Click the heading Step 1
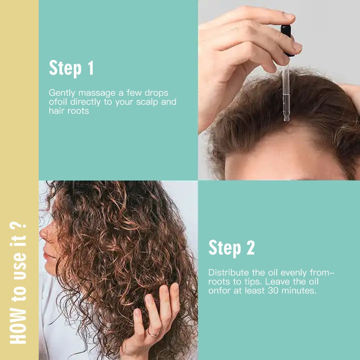click(71, 68)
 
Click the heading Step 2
click(231, 247)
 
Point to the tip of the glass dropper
click(286, 119)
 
